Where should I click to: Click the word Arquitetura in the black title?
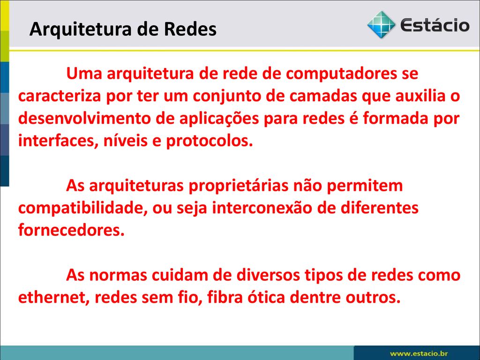click(x=81, y=30)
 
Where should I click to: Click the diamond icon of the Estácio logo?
click(x=381, y=24)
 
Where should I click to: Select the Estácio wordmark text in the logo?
click(x=435, y=24)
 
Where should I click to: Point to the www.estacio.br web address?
click(x=419, y=353)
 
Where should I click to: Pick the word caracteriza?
click(x=60, y=96)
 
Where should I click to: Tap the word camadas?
click(x=323, y=96)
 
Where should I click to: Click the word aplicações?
click(x=219, y=119)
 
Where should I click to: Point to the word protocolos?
click(x=210, y=141)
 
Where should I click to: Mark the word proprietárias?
click(x=239, y=186)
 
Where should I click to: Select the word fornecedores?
click(x=71, y=230)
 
